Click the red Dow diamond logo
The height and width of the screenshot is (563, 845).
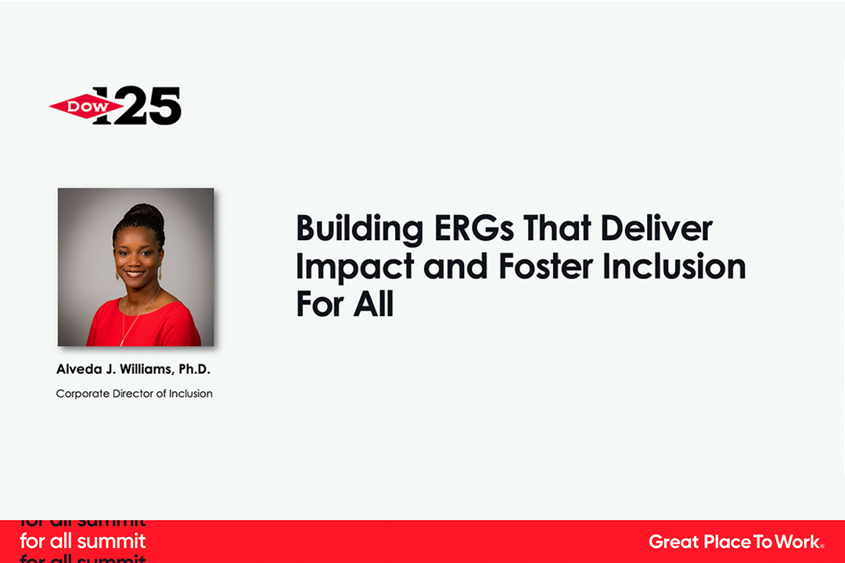coord(86,106)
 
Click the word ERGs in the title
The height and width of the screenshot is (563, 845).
coord(473,228)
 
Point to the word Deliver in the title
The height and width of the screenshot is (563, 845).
coord(656,228)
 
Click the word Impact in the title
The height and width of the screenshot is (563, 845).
coord(354,267)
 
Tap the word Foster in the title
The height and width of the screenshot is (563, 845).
coord(545,266)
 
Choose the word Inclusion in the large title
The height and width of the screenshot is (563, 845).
coord(674,266)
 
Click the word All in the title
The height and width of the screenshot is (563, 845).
coord(373,304)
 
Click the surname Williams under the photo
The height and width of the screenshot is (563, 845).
coord(146,370)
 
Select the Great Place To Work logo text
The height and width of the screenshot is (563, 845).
coord(736,541)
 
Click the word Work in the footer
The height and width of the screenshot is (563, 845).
coord(797,541)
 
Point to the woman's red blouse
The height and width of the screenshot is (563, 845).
coord(144,323)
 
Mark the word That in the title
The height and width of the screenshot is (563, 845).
coord(557,228)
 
